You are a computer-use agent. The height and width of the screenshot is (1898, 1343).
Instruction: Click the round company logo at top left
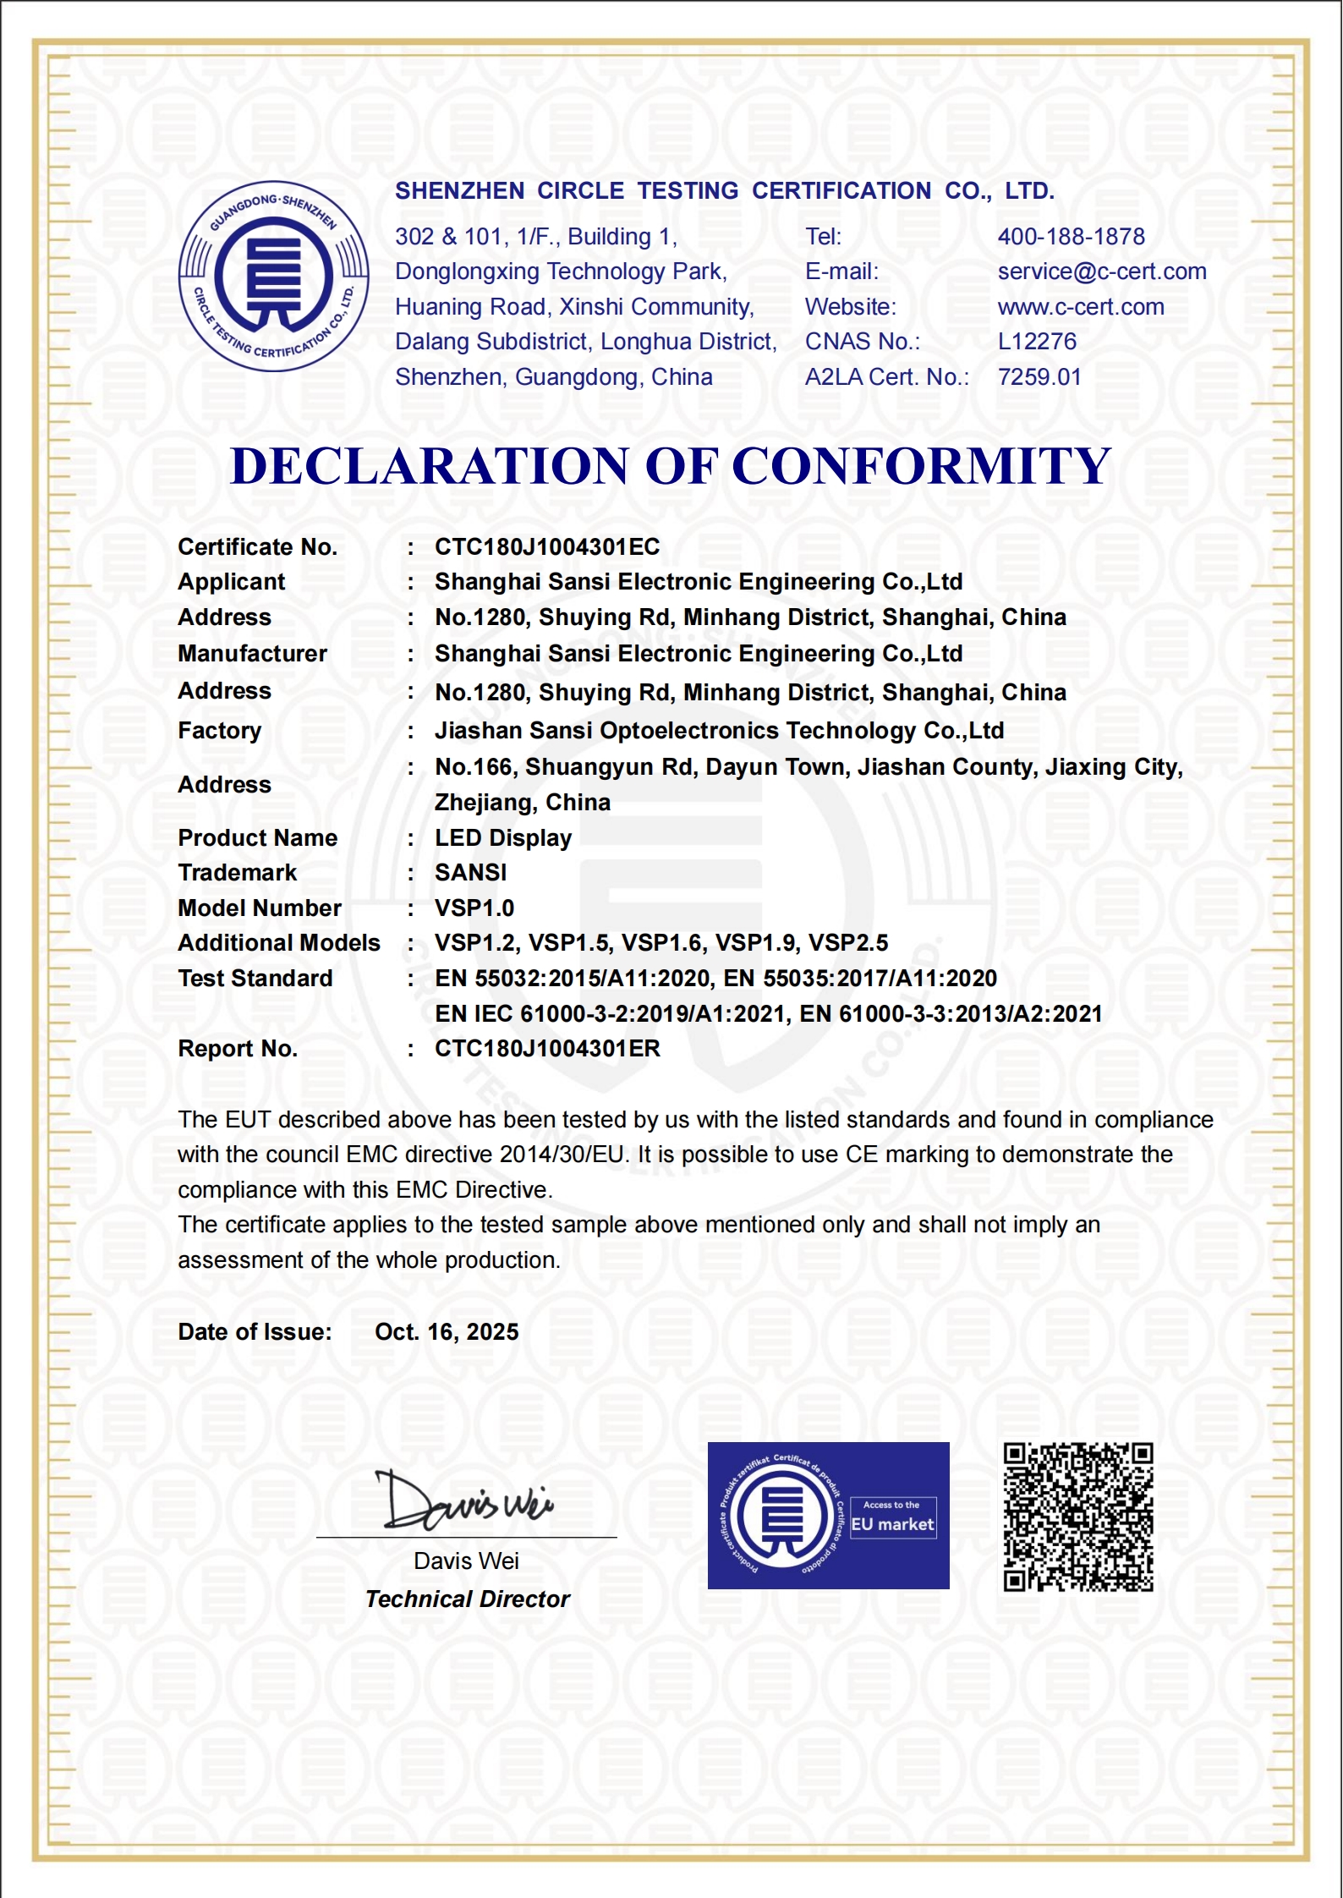click(x=273, y=276)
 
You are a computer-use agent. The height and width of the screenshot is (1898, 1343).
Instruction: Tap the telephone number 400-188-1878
click(x=1071, y=237)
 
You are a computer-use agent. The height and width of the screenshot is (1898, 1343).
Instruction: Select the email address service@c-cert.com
click(x=1101, y=272)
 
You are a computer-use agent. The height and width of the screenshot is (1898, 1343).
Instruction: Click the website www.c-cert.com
click(x=1080, y=307)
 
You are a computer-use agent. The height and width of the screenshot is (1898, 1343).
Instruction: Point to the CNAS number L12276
click(x=1037, y=342)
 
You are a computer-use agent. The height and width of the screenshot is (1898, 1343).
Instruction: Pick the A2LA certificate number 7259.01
click(x=1039, y=377)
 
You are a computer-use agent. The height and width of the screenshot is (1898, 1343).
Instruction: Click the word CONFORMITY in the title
click(x=921, y=466)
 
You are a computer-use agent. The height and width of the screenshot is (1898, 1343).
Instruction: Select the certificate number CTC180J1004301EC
click(x=546, y=547)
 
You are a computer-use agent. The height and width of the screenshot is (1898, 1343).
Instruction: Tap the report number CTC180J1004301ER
click(x=546, y=1049)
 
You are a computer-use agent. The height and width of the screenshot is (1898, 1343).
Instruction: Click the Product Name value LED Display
click(x=503, y=838)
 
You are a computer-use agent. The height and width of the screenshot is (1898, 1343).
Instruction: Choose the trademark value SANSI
click(x=470, y=873)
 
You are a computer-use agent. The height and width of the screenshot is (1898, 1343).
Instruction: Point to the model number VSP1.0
click(x=474, y=908)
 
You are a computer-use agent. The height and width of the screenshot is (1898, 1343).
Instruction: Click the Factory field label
click(x=219, y=731)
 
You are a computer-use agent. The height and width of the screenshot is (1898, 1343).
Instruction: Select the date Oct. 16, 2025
click(x=447, y=1332)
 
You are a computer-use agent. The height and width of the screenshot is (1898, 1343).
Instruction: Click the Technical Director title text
click(x=467, y=1599)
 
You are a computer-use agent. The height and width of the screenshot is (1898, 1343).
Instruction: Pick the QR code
click(x=1077, y=1517)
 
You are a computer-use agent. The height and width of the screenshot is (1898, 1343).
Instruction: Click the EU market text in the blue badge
click(x=892, y=1524)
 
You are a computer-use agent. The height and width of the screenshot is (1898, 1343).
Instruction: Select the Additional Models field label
click(x=278, y=943)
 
